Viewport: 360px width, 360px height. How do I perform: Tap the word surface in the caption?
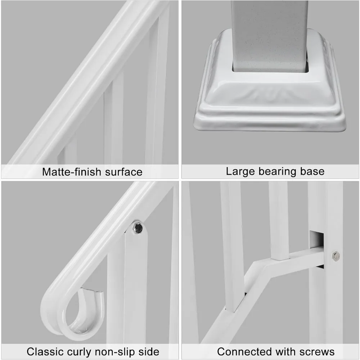tap(123, 172)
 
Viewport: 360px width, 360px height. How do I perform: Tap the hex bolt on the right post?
tap(336, 256)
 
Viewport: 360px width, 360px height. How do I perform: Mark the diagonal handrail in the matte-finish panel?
tap(83, 83)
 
